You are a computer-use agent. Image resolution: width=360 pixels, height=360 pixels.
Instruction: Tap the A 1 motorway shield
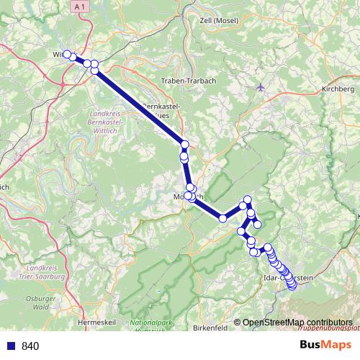pyautogui.click(x=78, y=6)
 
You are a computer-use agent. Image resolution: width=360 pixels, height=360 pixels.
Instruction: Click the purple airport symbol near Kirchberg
pyautogui.click(x=261, y=89)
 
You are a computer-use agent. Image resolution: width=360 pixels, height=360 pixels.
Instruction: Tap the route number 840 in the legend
pyautogui.click(x=30, y=346)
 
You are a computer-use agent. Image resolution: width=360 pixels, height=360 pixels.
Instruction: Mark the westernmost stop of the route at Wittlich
pyautogui.click(x=66, y=54)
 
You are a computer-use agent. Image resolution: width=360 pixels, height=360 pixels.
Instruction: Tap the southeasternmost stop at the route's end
pyautogui.click(x=292, y=286)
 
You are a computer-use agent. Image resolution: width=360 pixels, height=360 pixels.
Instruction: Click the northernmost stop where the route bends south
pyautogui.click(x=248, y=200)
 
